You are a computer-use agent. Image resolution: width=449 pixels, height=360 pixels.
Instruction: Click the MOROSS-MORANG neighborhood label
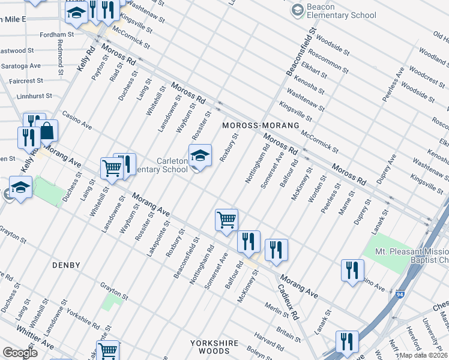click(260, 125)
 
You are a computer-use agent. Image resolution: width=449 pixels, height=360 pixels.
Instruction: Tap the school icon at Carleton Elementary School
click(200, 157)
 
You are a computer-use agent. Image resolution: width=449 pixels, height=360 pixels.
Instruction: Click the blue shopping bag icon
click(46, 130)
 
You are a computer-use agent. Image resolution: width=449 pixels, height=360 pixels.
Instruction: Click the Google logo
click(20, 352)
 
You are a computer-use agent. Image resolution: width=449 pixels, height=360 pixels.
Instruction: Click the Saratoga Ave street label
click(20, 65)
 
